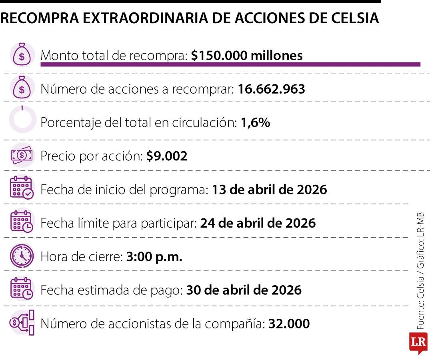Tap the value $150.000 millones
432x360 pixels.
[x=246, y=56]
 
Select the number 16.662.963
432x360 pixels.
[x=271, y=89]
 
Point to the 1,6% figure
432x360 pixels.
[x=255, y=123]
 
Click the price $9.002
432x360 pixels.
[x=166, y=156]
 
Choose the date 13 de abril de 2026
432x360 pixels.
[x=269, y=189]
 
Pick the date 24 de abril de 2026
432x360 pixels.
[x=258, y=223]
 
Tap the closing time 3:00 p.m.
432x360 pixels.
[x=154, y=256]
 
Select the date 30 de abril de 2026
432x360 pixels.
[x=244, y=290]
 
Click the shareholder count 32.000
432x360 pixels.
[x=289, y=324]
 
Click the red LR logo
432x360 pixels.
[x=418, y=342]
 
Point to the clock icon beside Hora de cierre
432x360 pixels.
[x=22, y=256]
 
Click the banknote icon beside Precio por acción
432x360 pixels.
[x=22, y=155]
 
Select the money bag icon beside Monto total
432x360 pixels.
[x=22, y=55]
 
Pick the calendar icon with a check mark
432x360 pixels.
[x=22, y=188]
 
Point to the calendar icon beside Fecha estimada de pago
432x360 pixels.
[x=22, y=289]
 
